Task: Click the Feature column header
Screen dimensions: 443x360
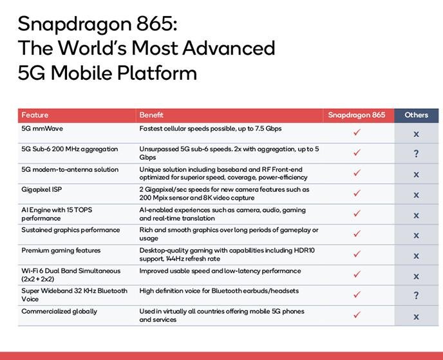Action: tap(35, 115)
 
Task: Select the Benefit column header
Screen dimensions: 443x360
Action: tap(151, 115)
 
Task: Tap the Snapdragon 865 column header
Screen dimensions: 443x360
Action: tap(357, 115)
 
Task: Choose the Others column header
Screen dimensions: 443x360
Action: tap(416, 115)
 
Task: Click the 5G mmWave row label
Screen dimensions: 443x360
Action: tap(42, 129)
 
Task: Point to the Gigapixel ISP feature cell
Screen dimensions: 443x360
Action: tap(41, 189)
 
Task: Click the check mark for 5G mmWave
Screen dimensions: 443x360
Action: tap(357, 132)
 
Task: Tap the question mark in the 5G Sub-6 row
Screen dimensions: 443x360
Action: tap(416, 154)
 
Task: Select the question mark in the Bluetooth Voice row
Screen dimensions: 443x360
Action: tap(416, 296)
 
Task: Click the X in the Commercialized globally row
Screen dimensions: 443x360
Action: tap(416, 317)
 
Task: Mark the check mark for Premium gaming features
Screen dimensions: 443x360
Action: tap(357, 254)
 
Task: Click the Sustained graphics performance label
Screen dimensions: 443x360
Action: tap(71, 231)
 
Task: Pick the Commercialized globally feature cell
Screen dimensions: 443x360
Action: tap(59, 312)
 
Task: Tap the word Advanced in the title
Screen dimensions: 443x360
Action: tap(229, 48)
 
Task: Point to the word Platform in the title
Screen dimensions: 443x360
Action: tap(157, 73)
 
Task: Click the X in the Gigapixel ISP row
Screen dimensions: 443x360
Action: tap(416, 195)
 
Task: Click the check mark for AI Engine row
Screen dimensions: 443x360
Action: tap(357, 213)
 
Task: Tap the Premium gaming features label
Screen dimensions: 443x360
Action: tap(61, 251)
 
